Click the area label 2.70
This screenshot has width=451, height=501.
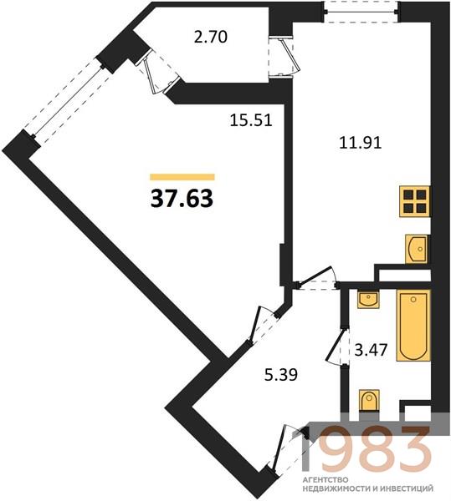210,37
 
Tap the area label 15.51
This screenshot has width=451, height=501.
251,120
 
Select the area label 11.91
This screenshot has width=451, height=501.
361,143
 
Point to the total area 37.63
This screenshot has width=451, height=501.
182,198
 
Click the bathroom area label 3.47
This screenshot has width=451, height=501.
371,350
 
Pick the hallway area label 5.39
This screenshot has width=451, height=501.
281,374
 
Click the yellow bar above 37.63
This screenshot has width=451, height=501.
182,177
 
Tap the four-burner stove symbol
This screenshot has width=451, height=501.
414,201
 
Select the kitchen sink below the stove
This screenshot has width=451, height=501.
417,249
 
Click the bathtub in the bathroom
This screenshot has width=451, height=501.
413,326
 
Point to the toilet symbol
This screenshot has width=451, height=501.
369,400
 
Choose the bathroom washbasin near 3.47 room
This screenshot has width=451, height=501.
368,300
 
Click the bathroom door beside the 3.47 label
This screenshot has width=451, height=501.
339,347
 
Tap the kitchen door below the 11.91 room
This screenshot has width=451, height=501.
317,278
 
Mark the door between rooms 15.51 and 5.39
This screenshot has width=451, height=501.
263,326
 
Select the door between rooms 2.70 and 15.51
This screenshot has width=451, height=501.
158,73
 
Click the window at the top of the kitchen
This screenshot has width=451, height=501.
361,13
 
